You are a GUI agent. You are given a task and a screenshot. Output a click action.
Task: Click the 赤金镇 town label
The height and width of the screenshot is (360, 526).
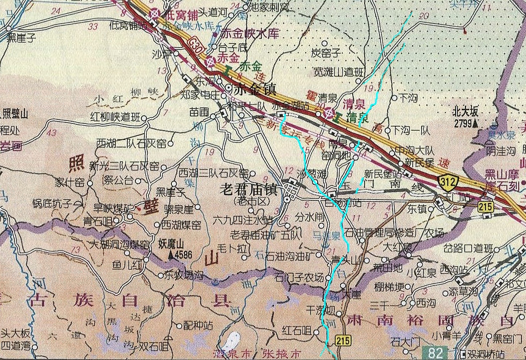(x=256, y=90)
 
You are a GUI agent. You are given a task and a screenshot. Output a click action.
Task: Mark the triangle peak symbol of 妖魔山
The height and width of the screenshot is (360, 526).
(x=171, y=255)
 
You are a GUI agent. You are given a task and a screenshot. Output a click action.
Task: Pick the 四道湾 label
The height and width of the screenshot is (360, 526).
(x=15, y=345)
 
